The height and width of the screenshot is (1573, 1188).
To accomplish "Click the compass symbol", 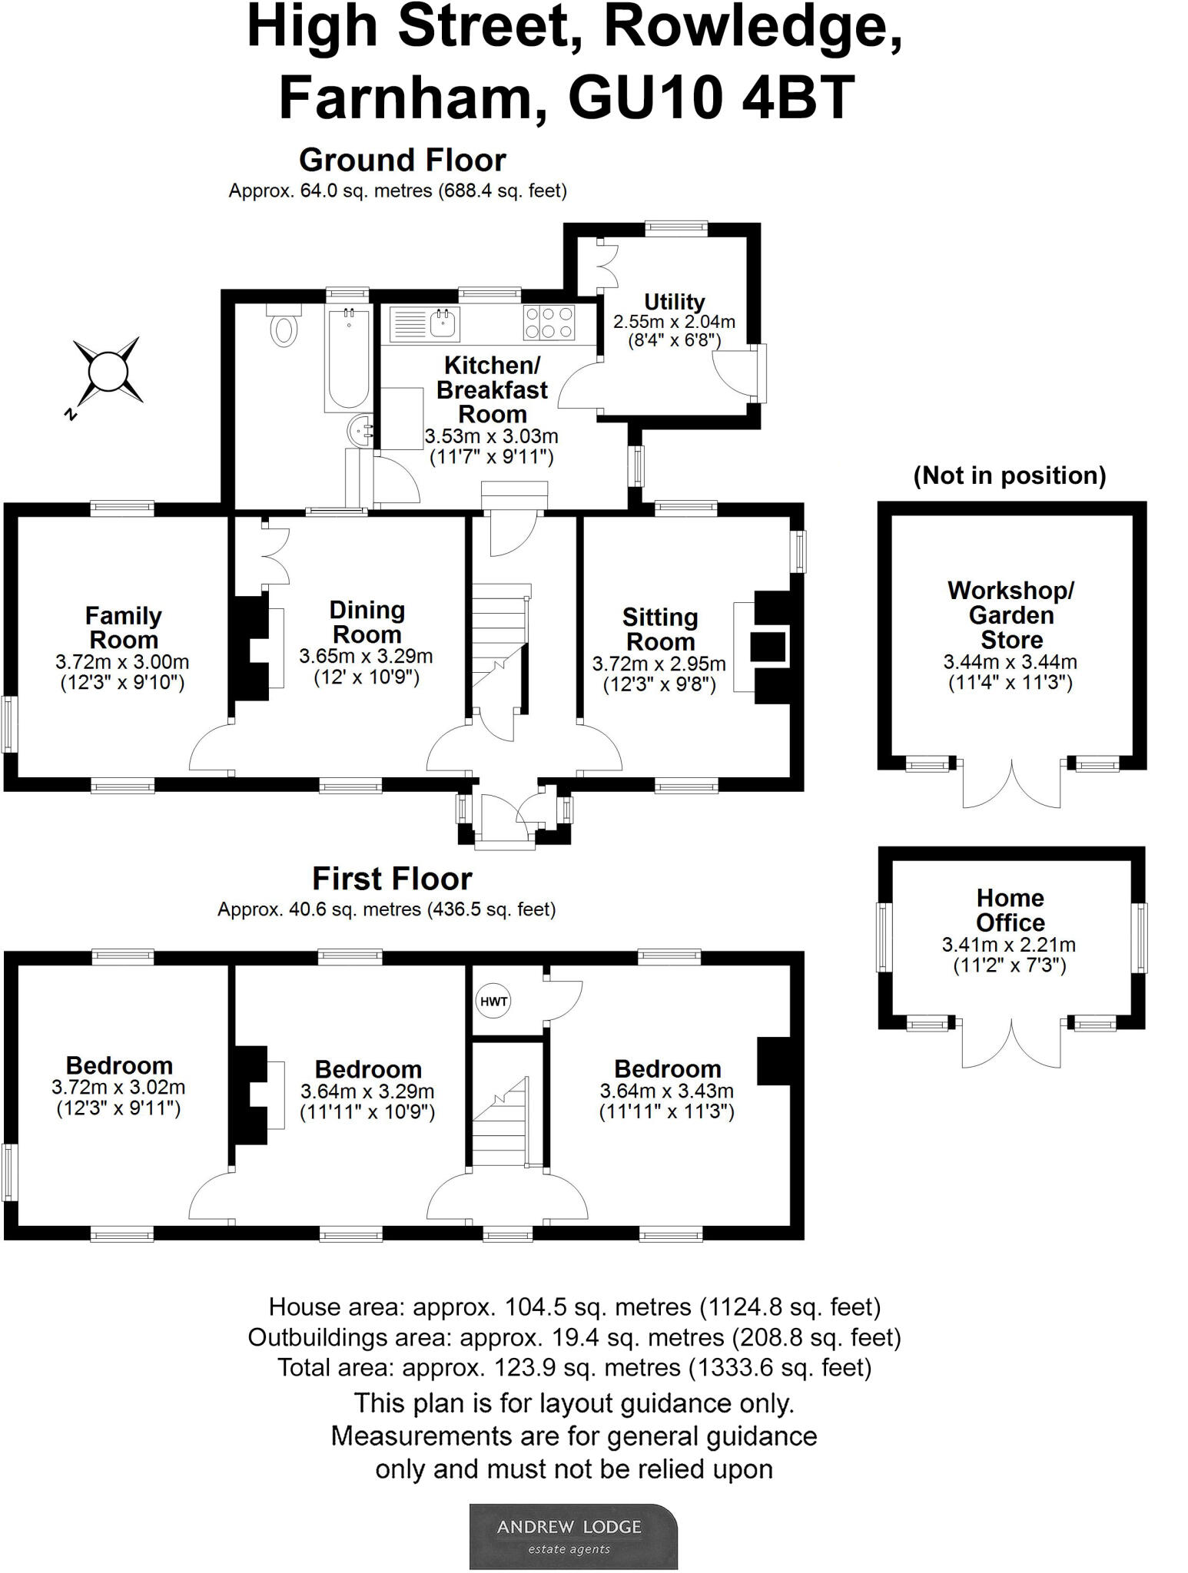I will (108, 372).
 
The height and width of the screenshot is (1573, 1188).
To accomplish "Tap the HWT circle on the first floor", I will (493, 1001).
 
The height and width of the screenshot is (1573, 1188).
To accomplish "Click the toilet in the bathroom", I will (284, 329).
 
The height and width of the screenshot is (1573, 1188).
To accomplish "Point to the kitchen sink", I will (443, 323).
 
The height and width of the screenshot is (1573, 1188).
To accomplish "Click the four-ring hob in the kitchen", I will (549, 323).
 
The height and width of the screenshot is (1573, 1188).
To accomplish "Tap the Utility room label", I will (674, 302).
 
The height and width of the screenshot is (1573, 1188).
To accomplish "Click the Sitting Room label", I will (659, 629).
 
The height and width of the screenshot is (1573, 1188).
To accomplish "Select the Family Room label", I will (123, 628).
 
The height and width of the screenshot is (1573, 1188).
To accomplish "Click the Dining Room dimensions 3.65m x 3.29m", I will (366, 657).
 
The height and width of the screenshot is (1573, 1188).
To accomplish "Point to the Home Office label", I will (1010, 909).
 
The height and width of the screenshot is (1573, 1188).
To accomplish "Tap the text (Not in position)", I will (1009, 475).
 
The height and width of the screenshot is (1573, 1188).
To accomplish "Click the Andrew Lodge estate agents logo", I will (573, 1535).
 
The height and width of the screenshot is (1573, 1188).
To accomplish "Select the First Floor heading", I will (392, 878).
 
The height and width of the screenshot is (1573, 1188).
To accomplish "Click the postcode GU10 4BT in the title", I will (711, 98).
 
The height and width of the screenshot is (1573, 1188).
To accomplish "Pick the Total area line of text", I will (574, 1367).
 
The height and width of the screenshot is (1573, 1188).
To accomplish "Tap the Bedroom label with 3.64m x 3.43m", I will (667, 1068).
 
